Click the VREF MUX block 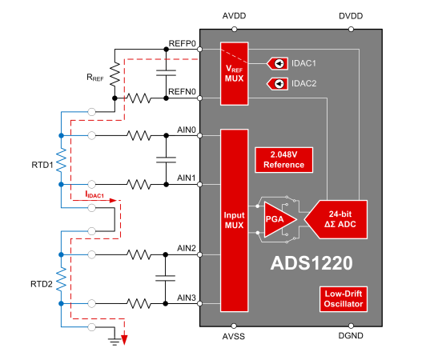pyautogui.click(x=234, y=74)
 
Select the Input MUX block pyautogui.click(x=234, y=221)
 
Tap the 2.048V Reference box pyautogui.click(x=284, y=160)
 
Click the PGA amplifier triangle pyautogui.click(x=279, y=219)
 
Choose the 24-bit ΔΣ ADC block pyautogui.click(x=337, y=219)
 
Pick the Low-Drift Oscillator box pyautogui.click(x=344, y=299)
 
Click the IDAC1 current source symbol pyautogui.click(x=277, y=63)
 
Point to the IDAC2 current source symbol pyautogui.click(x=277, y=84)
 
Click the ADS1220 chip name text pyautogui.click(x=311, y=263)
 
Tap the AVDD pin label pyautogui.click(x=234, y=16)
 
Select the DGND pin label pyautogui.click(x=351, y=336)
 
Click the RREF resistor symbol pyautogui.click(x=115, y=74)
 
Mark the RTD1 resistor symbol pyautogui.click(x=62, y=160)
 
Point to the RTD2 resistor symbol pyautogui.click(x=62, y=279)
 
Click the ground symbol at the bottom pyautogui.click(x=115, y=341)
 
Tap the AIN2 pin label pyautogui.click(x=187, y=248)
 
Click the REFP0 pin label pyautogui.click(x=182, y=43)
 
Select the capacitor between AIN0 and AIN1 pyautogui.click(x=166, y=160)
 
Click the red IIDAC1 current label pyautogui.click(x=94, y=194)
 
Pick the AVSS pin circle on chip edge pyautogui.click(x=234, y=326)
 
